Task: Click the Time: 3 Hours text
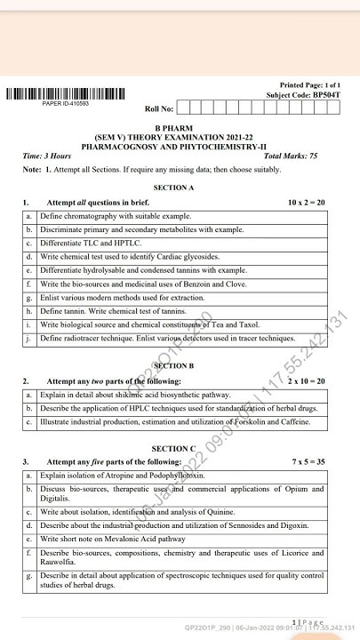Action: coord(47,156)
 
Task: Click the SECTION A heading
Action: coord(173,188)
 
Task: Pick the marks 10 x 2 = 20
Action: coord(307,203)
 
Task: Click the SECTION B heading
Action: coord(173,365)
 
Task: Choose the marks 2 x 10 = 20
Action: coord(307,380)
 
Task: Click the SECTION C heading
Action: coord(173,449)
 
